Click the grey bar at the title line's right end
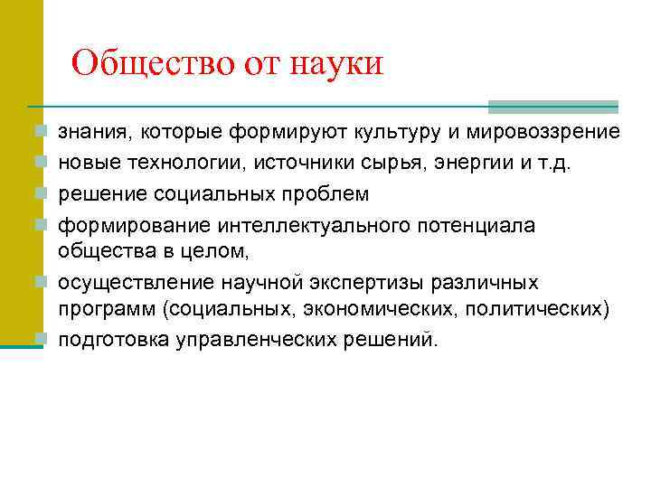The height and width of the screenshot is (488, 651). tap(552, 107)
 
